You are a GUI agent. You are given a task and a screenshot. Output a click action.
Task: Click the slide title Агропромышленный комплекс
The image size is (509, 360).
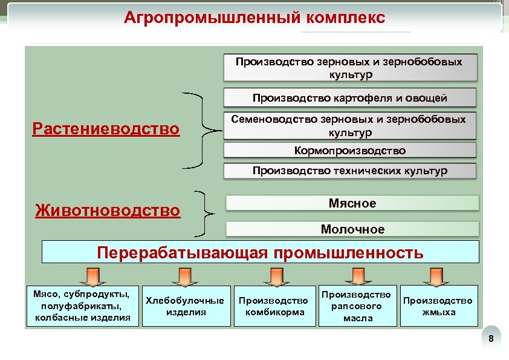tap(254, 17)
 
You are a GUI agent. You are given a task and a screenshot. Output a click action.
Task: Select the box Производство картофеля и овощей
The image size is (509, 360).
tap(350, 98)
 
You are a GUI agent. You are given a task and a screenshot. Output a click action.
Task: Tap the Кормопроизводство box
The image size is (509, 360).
tap(350, 151)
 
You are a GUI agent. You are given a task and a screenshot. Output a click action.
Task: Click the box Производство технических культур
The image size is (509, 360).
tap(350, 171)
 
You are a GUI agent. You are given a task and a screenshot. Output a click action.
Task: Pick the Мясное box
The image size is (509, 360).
tap(352, 203)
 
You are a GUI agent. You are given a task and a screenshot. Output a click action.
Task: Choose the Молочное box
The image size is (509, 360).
tap(352, 229)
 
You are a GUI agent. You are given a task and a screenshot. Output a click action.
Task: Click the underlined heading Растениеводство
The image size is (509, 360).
tap(106, 129)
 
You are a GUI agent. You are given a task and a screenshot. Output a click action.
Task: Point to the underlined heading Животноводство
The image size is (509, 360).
tap(108, 211)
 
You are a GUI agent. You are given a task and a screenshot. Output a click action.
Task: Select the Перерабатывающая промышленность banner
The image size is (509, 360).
tap(261, 252)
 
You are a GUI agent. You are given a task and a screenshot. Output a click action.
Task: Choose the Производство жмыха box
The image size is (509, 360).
tap(438, 306)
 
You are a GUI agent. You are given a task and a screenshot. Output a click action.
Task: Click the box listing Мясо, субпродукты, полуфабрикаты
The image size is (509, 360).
tap(83, 306)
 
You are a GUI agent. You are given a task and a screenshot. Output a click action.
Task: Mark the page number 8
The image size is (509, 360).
tap(491, 339)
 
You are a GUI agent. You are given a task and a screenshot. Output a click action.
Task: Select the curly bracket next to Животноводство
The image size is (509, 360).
tap(206, 213)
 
